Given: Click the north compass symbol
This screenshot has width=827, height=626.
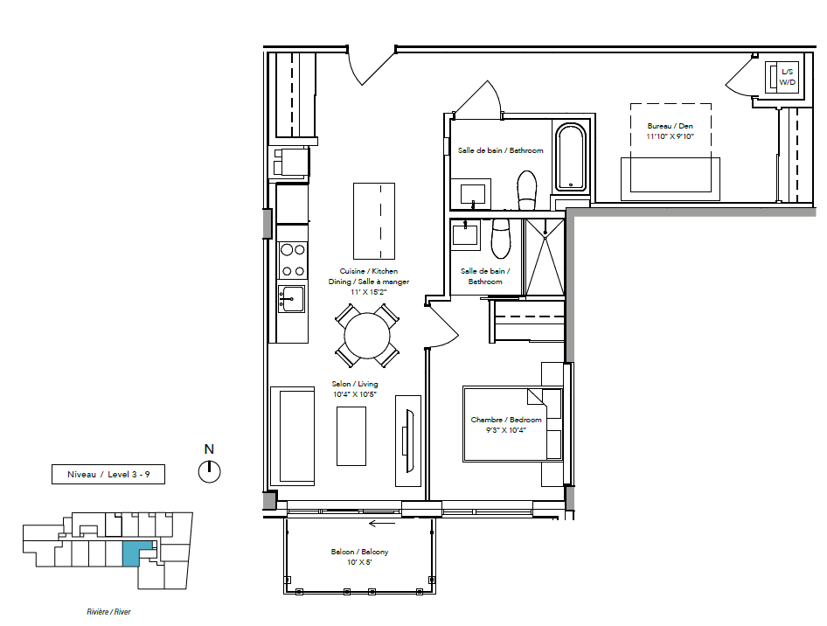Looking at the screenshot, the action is click(x=210, y=471).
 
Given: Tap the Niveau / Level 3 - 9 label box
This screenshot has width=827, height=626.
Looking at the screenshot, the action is click(x=108, y=474).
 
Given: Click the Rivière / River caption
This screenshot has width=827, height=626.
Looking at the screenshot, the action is click(x=108, y=612).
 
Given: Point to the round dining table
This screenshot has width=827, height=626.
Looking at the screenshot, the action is click(x=367, y=336).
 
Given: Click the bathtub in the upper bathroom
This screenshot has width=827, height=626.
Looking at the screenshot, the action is click(x=571, y=156).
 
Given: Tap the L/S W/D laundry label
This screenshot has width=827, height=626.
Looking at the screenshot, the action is click(x=787, y=77).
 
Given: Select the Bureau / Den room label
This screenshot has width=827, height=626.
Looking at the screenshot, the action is click(x=671, y=126).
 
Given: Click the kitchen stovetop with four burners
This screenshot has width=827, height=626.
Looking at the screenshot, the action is click(x=293, y=260).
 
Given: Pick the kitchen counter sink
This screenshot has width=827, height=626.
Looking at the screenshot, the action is click(x=292, y=299).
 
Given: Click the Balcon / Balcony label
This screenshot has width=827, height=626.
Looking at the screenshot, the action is click(x=359, y=552).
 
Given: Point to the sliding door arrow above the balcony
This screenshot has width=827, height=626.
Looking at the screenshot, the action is click(x=382, y=524).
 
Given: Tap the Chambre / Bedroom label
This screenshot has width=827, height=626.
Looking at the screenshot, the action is click(x=506, y=420).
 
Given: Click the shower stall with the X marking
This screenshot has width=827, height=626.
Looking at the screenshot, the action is click(x=545, y=257).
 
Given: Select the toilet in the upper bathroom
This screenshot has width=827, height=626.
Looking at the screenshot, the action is click(x=526, y=190).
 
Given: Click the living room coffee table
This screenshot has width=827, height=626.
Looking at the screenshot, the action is click(x=351, y=435).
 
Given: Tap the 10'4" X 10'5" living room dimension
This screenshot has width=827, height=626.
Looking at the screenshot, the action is click(x=355, y=394).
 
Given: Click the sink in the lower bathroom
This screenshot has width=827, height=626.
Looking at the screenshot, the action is click(x=465, y=233).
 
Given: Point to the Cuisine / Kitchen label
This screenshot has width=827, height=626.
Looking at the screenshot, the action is click(x=369, y=271).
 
